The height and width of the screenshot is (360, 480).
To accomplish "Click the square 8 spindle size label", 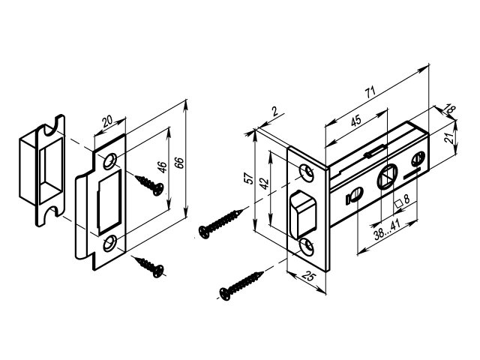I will (400, 201).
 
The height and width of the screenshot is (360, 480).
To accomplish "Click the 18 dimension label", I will (449, 109).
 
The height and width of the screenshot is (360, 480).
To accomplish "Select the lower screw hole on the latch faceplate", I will (308, 247).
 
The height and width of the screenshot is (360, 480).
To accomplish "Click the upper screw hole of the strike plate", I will (110, 160).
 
